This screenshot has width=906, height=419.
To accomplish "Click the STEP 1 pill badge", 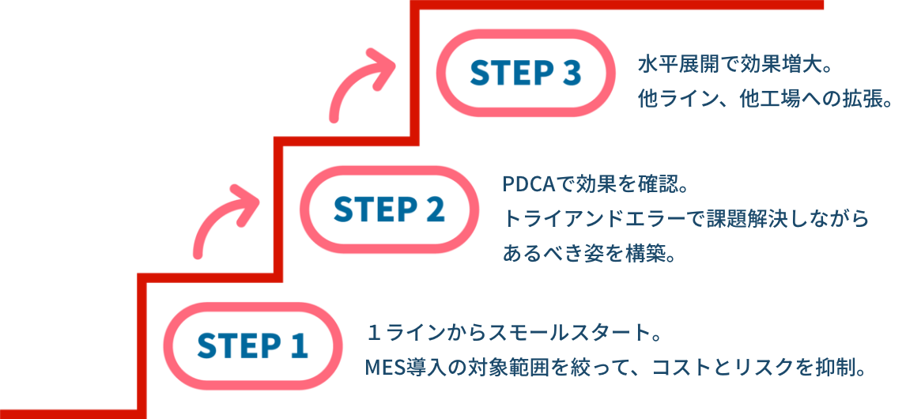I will click(x=252, y=346).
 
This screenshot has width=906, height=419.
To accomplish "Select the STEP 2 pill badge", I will click(x=389, y=209).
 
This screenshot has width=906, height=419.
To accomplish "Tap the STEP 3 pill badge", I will click(x=526, y=74).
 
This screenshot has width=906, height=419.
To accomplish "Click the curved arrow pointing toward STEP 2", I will click(x=224, y=219).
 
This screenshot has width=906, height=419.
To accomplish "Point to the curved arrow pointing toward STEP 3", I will click(x=361, y=82).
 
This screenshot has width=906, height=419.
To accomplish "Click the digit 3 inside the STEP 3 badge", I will click(x=572, y=74).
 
